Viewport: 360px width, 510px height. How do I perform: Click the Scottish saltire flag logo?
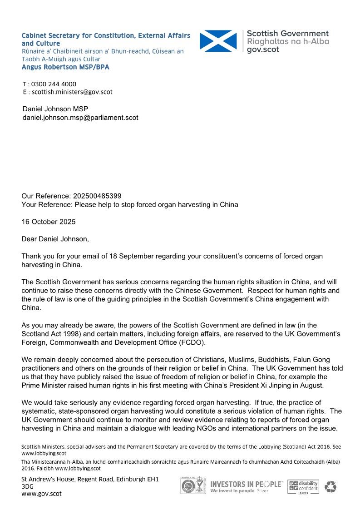218,41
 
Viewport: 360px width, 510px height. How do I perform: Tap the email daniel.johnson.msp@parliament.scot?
80,118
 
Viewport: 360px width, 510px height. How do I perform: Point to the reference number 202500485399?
97,196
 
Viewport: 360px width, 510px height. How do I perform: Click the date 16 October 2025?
49,222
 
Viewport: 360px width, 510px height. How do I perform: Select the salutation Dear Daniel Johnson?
56,239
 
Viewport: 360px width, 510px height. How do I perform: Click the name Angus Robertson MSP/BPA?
65,67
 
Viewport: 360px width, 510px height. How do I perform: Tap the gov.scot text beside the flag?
263,50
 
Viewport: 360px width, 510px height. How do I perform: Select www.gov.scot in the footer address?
41,494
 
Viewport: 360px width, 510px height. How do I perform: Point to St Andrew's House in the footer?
47,479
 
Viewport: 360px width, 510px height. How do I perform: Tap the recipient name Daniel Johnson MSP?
55,109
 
